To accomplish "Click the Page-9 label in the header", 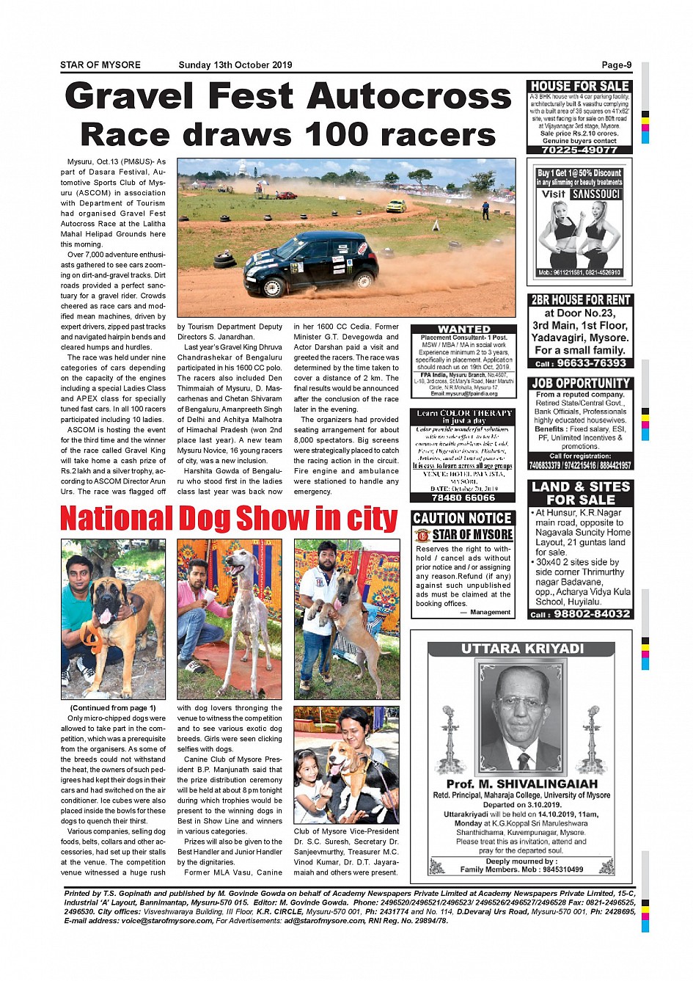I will tap(616, 65).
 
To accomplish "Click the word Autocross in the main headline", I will tap(409, 97).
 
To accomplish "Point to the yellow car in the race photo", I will tap(396, 205).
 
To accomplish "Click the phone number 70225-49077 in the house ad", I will tap(579, 150).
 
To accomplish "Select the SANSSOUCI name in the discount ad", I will tap(596, 194).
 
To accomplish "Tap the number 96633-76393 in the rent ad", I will tap(591, 363).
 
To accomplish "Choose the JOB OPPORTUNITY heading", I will tap(580, 383).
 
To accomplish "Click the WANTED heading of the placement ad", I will tap(463, 329).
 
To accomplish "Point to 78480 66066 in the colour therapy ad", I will tap(463, 497).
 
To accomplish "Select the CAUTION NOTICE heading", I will tap(462, 518).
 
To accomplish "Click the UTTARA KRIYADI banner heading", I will tap(522, 649).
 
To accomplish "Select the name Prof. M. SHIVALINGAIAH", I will tap(521, 784).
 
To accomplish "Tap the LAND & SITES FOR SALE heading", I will tap(580, 493).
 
